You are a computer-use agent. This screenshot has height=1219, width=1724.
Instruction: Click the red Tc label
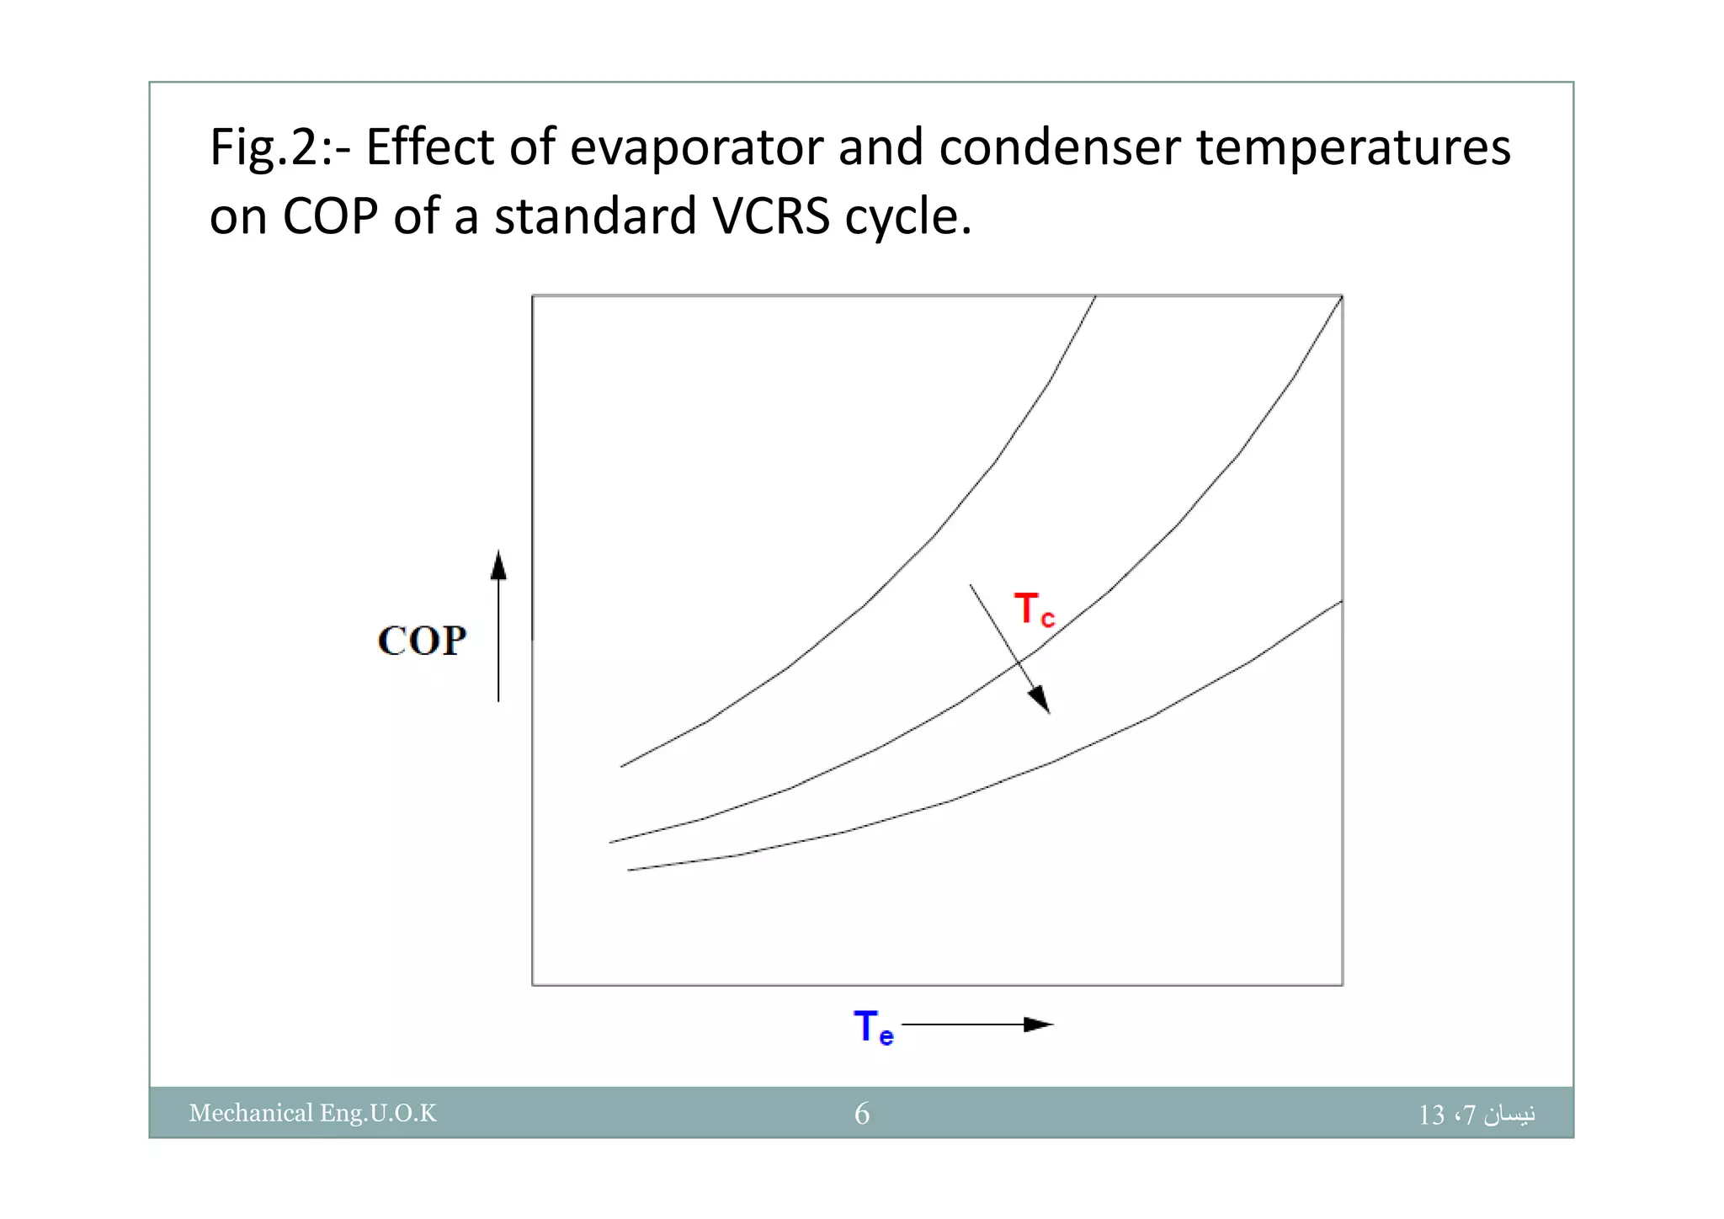point(1034,609)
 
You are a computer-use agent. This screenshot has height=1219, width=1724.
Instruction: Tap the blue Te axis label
point(873,1027)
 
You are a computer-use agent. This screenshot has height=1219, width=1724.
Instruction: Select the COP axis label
point(422,641)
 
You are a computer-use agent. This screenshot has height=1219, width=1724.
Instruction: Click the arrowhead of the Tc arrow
point(1040,700)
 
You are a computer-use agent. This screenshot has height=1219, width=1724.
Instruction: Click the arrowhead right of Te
point(1039,1025)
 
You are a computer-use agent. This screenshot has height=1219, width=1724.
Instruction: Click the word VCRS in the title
point(771,216)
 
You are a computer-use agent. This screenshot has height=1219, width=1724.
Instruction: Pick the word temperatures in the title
point(1353,147)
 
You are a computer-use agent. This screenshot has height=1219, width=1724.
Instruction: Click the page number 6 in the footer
point(862,1114)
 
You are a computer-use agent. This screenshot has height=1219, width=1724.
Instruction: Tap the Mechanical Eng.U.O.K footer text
point(313,1113)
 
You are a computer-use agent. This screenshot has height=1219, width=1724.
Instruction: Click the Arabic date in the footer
point(1477,1114)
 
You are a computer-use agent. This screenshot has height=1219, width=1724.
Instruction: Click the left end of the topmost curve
point(622,766)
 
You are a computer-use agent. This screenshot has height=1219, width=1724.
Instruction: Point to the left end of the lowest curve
point(630,870)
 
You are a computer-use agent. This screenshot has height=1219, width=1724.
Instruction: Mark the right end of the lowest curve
point(1340,602)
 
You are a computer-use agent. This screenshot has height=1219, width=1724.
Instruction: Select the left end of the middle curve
point(611,842)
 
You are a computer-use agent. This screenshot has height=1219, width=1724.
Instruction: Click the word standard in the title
point(595,216)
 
